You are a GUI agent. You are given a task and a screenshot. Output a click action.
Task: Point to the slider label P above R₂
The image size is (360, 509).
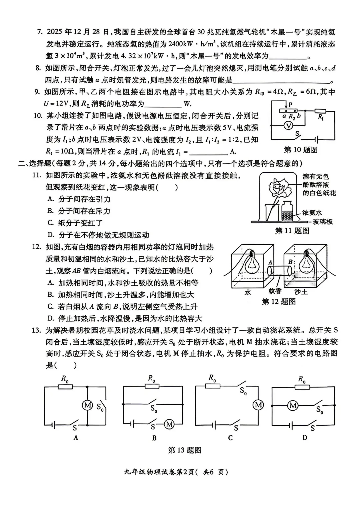(290, 104)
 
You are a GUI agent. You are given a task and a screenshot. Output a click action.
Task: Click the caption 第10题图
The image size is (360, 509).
(301, 150)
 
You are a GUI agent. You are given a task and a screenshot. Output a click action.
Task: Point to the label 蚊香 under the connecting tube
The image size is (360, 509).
(275, 291)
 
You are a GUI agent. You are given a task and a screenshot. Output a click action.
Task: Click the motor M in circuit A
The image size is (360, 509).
(87, 405)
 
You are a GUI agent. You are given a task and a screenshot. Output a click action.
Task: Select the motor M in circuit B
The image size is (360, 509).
(169, 424)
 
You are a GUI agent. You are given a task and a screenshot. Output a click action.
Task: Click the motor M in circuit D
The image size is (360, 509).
(293, 405)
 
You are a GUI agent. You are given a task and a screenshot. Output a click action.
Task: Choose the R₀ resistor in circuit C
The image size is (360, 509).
(212, 386)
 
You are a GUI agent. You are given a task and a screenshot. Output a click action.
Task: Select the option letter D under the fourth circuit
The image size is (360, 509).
(305, 438)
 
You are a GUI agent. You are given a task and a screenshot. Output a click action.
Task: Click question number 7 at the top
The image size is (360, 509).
(40, 32)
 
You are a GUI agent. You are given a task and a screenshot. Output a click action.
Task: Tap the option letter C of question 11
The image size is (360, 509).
(50, 223)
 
